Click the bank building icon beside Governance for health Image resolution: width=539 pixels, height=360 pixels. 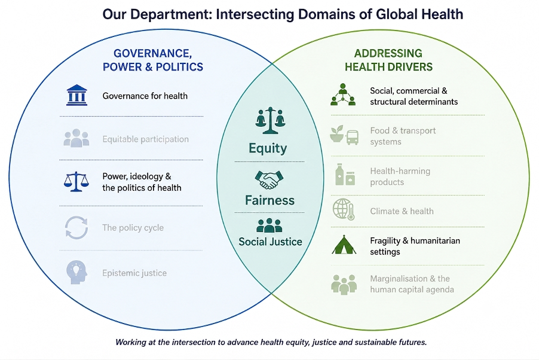(76, 95)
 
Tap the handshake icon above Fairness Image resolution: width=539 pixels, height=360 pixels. (269, 179)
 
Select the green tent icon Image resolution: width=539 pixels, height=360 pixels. (344, 245)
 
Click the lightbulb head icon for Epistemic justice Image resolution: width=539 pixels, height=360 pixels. (76, 272)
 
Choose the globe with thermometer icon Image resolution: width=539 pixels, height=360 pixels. (344, 209)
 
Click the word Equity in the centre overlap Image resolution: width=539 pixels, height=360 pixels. (268, 148)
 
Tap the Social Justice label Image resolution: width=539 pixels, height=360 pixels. (270, 242)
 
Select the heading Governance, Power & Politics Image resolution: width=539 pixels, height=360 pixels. (152, 60)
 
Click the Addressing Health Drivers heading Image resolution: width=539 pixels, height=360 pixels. (388, 60)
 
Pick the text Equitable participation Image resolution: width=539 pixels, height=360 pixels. (145, 139)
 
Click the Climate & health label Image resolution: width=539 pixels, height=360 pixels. (402, 211)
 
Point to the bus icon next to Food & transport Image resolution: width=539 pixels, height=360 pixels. (353, 138)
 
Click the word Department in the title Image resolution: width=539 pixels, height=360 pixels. (171, 14)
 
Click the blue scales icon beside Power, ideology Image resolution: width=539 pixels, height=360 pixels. (76, 181)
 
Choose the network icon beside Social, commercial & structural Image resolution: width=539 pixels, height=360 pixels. (343, 94)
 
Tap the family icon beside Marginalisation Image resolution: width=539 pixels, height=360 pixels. (344, 284)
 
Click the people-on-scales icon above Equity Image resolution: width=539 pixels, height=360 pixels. (270, 120)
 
